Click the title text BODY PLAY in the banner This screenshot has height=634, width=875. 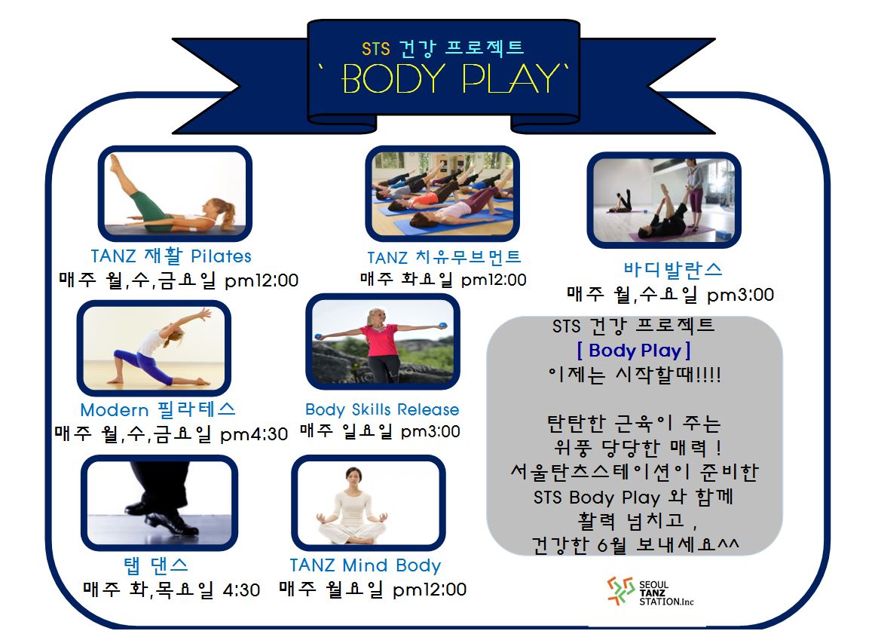pyautogui.click(x=450, y=78)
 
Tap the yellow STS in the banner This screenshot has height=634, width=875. pyautogui.click(x=375, y=49)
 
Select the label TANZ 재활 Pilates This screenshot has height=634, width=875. pyautogui.click(x=171, y=256)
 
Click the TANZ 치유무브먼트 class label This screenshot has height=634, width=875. pyautogui.click(x=444, y=257)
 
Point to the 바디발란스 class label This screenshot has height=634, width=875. pyautogui.click(x=672, y=270)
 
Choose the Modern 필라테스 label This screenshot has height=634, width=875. pyautogui.click(x=158, y=409)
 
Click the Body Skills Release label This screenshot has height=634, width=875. pyautogui.click(x=382, y=409)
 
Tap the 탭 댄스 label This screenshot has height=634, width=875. pyautogui.click(x=156, y=565)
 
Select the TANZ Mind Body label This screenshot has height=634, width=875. pyautogui.click(x=366, y=565)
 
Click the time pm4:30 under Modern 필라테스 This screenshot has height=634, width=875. pyautogui.click(x=254, y=434)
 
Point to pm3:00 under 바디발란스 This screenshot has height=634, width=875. pyautogui.click(x=741, y=295)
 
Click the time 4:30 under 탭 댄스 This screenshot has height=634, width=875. pyautogui.click(x=241, y=590)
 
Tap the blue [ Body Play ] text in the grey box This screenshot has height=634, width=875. pyautogui.click(x=633, y=351)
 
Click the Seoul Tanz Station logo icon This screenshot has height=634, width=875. pyautogui.click(x=620, y=591)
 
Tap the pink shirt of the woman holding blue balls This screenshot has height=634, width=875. pyautogui.click(x=379, y=341)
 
